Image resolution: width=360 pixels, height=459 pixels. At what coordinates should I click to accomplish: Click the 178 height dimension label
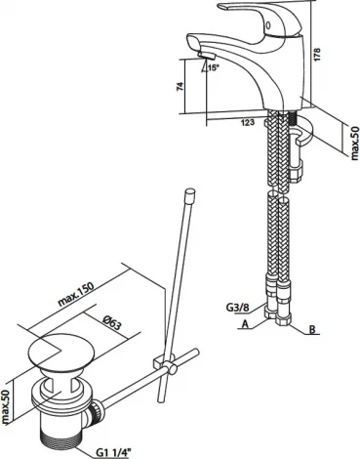pyautogui.click(x=317, y=55)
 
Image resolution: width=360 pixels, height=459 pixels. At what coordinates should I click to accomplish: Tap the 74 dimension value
pyautogui.click(x=180, y=86)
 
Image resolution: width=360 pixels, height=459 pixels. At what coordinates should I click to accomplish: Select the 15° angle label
pyautogui.click(x=214, y=68)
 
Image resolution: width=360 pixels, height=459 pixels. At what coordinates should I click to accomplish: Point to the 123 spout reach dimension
pyautogui.click(x=248, y=123)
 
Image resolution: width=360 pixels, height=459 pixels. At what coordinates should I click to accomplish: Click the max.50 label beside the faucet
pyautogui.click(x=355, y=144)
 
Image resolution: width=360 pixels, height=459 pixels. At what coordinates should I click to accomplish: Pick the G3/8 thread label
pyautogui.click(x=239, y=308)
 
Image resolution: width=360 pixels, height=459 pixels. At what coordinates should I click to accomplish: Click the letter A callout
pyautogui.click(x=245, y=324)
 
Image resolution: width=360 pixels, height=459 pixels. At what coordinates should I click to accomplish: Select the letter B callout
pyautogui.click(x=312, y=330)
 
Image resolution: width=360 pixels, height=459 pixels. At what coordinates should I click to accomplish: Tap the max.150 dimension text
pyautogui.click(x=76, y=294)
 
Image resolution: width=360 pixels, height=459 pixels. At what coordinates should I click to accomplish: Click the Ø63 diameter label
pyautogui.click(x=112, y=323)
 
